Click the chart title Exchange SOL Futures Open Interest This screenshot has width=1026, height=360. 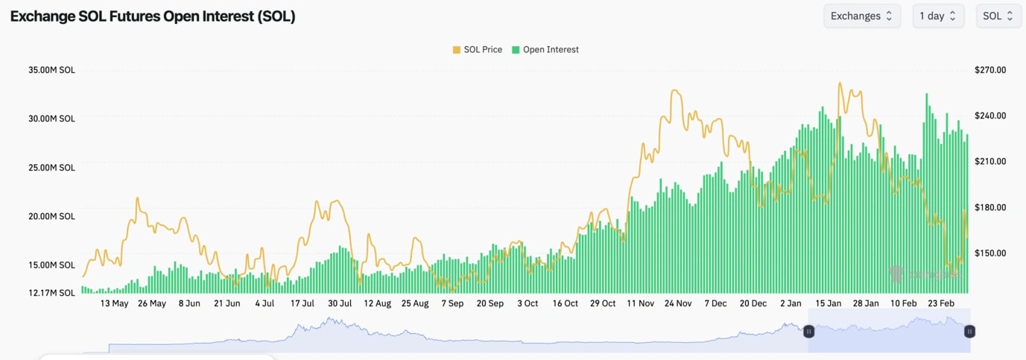[x=153, y=16]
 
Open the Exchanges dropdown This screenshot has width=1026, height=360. [x=861, y=16]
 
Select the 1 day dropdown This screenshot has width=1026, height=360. [x=938, y=16]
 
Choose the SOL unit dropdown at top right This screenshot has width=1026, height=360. [x=998, y=16]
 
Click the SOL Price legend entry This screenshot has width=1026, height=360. [x=477, y=50]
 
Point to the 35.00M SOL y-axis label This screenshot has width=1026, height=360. [x=51, y=70]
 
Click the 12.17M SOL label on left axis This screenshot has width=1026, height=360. [x=51, y=293]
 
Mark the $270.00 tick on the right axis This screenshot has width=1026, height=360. [x=990, y=70]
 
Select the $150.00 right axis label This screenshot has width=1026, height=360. [x=990, y=253]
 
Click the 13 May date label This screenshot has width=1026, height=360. [x=114, y=304]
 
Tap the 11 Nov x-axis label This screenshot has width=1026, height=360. [x=641, y=304]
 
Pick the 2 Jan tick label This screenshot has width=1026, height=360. [x=791, y=304]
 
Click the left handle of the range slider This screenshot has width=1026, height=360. [x=808, y=331]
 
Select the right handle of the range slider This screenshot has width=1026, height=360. [x=969, y=331]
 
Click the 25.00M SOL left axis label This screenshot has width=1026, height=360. [x=51, y=168]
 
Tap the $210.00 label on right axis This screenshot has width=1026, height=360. [x=990, y=162]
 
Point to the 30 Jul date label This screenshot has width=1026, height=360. [x=340, y=304]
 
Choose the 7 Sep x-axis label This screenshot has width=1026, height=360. [x=452, y=304]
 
